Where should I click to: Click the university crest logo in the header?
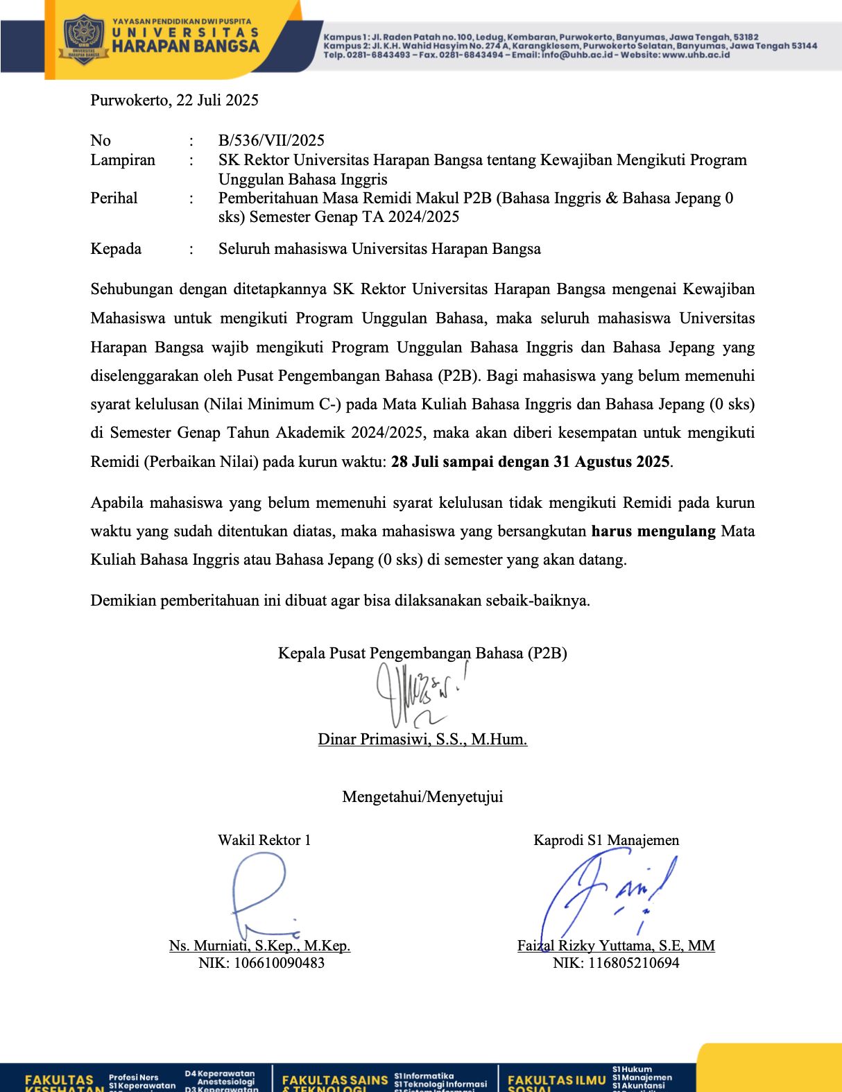pyautogui.click(x=83, y=40)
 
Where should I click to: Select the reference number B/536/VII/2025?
pyautogui.click(x=271, y=140)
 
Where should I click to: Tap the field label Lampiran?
pyautogui.click(x=123, y=160)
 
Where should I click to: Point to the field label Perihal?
pyautogui.click(x=114, y=198)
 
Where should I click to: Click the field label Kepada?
pyautogui.click(x=116, y=248)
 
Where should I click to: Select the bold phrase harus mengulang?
pyautogui.click(x=653, y=531)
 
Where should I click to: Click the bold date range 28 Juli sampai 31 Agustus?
pyautogui.click(x=531, y=461)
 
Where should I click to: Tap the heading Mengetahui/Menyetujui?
pyautogui.click(x=422, y=796)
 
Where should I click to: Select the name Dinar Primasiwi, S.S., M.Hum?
pyautogui.click(x=422, y=739)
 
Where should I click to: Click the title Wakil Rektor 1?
pyautogui.click(x=264, y=840)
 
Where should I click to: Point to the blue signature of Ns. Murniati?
pyautogui.click(x=261, y=895)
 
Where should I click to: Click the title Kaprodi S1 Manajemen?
pyautogui.click(x=606, y=840)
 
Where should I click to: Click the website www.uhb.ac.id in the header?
pyautogui.click(x=696, y=55)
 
